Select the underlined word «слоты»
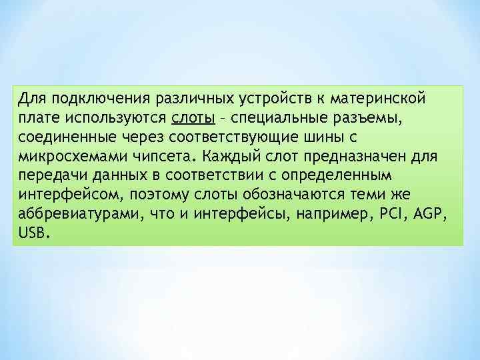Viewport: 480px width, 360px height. coord(193,118)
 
